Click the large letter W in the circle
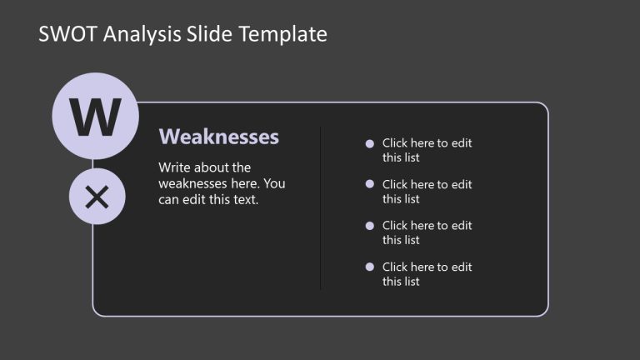95,117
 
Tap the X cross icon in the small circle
97,197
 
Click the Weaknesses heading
218,137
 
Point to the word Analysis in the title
137,34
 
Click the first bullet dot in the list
370,144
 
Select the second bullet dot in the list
370,185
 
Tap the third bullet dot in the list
370,226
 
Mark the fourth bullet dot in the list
370,267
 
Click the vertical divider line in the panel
321,208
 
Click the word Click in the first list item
396,143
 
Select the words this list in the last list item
401,282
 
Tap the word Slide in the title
212,34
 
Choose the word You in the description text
275,183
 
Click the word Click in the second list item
396,185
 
